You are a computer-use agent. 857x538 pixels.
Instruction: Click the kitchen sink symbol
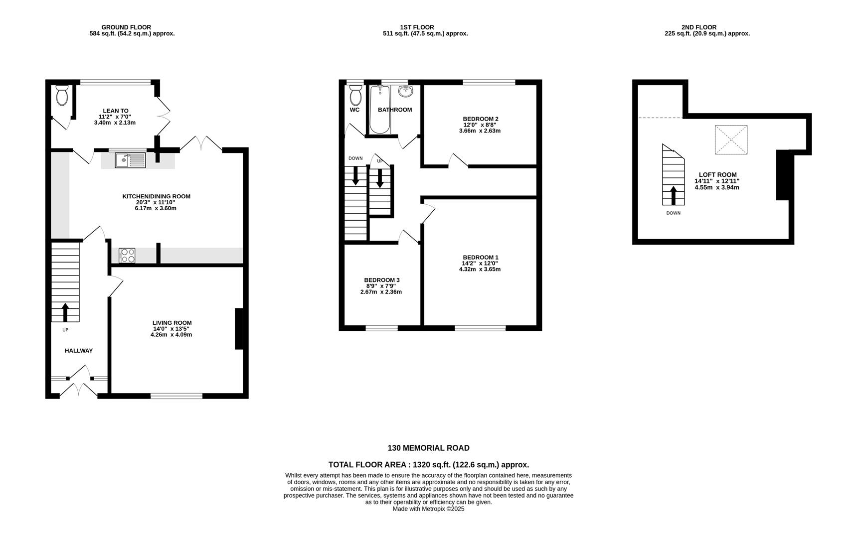pyautogui.click(x=130, y=160)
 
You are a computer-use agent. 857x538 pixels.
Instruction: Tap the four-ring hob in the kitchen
pyautogui.click(x=127, y=256)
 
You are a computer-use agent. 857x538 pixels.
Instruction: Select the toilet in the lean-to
pyautogui.click(x=62, y=95)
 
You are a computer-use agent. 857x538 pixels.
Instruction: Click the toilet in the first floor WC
pyautogui.click(x=355, y=95)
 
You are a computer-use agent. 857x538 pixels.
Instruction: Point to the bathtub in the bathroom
pyautogui.click(x=380, y=109)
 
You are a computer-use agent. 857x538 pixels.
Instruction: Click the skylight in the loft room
pyautogui.click(x=731, y=140)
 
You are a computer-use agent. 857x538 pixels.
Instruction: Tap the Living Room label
pyautogui.click(x=172, y=323)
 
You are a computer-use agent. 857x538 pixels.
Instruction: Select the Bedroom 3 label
pyautogui.click(x=382, y=280)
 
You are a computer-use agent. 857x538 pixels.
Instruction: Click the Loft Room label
pyautogui.click(x=717, y=175)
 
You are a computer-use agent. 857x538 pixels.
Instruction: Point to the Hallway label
pyautogui.click(x=79, y=351)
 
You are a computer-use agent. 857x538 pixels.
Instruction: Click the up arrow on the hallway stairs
pyautogui.click(x=65, y=312)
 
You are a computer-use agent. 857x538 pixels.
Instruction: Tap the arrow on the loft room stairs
pyautogui.click(x=674, y=196)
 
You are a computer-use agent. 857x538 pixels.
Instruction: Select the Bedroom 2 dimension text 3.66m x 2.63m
pyautogui.click(x=480, y=131)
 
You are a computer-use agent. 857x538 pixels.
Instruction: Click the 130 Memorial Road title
pyautogui.click(x=429, y=448)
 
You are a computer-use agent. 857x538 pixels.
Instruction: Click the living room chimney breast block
pyautogui.click(x=239, y=329)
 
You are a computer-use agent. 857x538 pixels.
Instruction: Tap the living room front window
pyautogui.click(x=176, y=396)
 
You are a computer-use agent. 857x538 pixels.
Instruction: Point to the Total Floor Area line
pyautogui.click(x=429, y=465)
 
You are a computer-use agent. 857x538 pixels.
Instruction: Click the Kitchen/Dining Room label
pyautogui.click(x=157, y=197)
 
